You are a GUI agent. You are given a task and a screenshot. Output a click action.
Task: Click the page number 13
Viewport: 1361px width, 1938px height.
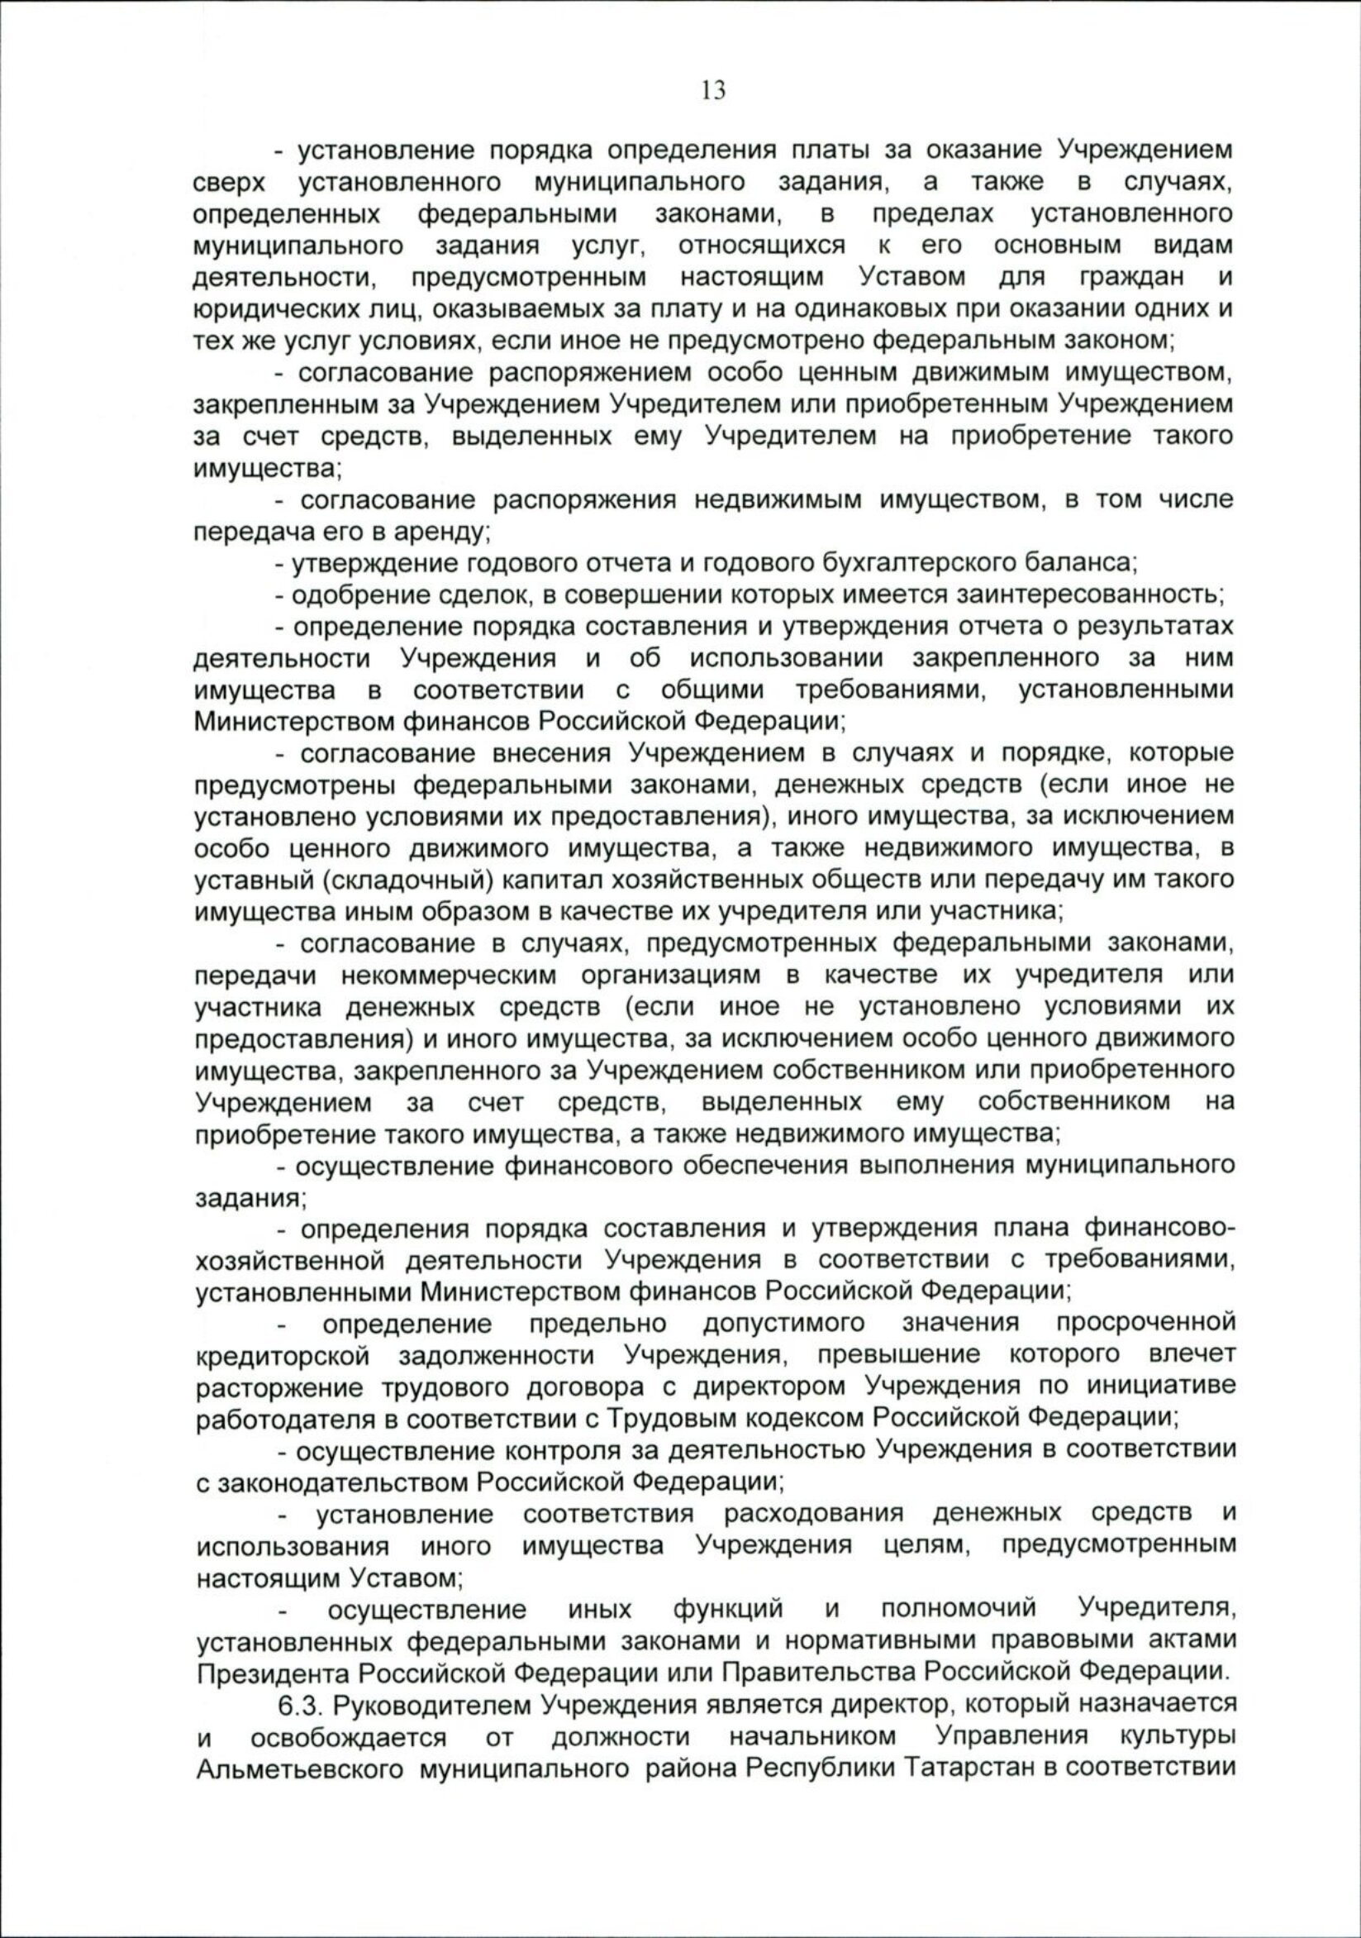(713, 90)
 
